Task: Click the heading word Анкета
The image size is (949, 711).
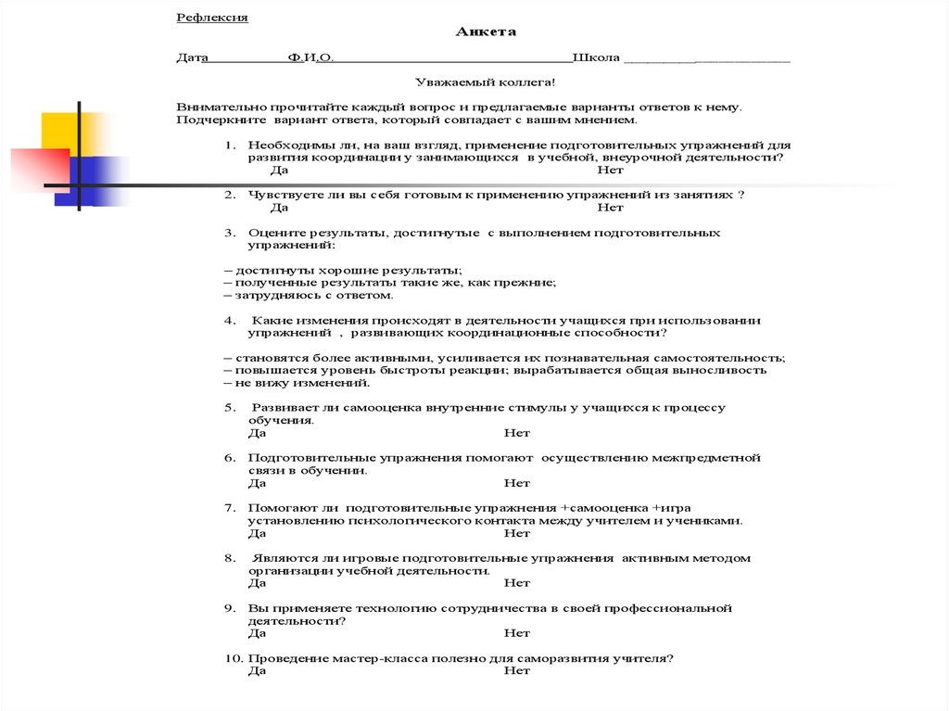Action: pos(486,32)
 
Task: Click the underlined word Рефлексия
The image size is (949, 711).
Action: pos(212,19)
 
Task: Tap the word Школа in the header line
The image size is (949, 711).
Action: pos(596,57)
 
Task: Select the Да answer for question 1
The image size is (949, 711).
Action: pos(278,171)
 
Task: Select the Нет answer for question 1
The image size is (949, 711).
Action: pos(610,171)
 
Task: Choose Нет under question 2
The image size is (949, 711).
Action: pos(610,208)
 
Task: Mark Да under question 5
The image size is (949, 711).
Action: pos(258,433)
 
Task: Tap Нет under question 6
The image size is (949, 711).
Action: pos(517,483)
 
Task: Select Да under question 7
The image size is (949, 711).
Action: pos(258,533)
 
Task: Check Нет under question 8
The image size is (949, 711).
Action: pos(517,583)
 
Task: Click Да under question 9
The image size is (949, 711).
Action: pos(258,633)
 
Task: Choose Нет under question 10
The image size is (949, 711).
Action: pos(517,670)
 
